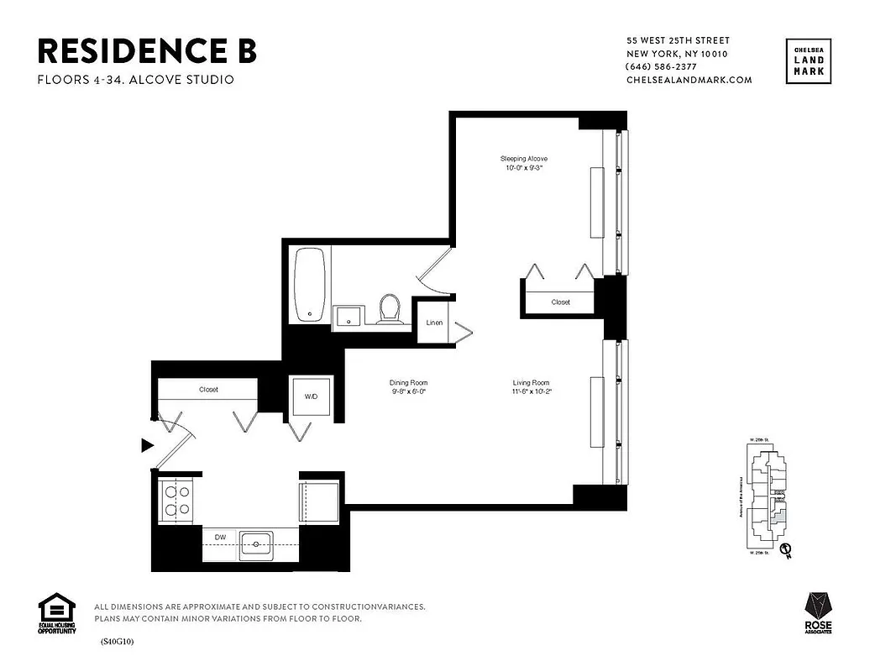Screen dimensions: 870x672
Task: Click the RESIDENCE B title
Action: coord(147,51)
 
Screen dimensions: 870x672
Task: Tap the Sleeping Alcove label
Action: coord(525,163)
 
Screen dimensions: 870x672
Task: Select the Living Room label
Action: coord(532,387)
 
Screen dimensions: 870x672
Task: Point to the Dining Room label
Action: coord(409,387)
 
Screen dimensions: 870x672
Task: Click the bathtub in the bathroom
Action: coord(312,283)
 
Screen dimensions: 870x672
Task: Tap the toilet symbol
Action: coord(389,308)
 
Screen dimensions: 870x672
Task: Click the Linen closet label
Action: coord(434,323)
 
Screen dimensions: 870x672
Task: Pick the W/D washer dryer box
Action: coord(310,396)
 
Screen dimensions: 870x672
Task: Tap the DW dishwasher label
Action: coord(220,536)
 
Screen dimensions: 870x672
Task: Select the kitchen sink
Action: coord(255,544)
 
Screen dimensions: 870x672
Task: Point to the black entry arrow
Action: coord(147,445)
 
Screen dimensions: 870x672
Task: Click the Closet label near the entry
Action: coord(208,390)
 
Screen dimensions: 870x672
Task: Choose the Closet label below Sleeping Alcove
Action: coord(560,302)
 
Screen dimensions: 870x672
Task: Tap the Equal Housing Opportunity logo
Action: coord(56,614)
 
